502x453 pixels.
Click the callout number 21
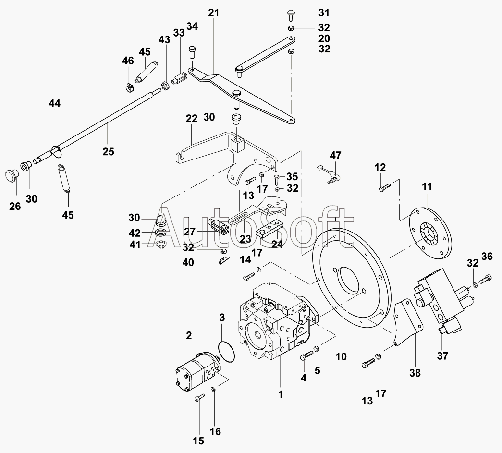point(213,13)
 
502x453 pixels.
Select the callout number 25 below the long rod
point(108,151)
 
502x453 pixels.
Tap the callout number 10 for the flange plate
point(341,356)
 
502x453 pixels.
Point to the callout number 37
point(442,355)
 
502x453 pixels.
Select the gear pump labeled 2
point(197,370)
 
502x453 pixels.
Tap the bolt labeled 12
point(384,187)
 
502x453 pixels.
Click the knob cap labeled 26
point(12,176)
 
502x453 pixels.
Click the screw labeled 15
point(199,399)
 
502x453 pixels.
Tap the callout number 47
point(335,156)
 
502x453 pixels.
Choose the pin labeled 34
point(192,51)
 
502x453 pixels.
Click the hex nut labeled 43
point(165,86)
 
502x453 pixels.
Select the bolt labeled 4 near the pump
point(306,355)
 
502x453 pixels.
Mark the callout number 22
point(192,119)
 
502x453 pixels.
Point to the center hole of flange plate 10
point(350,280)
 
